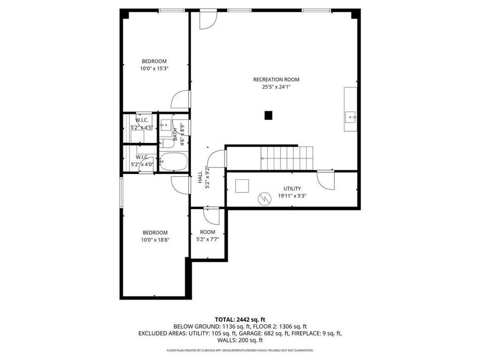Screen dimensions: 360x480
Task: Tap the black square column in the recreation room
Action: tap(269, 115)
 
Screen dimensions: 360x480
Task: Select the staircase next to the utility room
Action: tap(285, 157)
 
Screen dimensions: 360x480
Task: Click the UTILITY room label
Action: tap(292, 188)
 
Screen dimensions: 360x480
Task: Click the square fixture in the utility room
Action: tap(243, 186)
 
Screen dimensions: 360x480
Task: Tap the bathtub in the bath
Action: tap(173, 162)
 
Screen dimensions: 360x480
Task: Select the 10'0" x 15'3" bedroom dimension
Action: tap(154, 69)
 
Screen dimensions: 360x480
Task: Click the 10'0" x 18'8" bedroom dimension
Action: tap(155, 240)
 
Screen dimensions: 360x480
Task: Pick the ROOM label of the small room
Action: tap(207, 232)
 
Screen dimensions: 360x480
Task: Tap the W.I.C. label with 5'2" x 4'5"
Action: tap(142, 121)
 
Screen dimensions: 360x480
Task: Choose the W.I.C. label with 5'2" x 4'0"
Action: tap(142, 157)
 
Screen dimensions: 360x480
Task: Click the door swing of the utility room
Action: tap(325, 180)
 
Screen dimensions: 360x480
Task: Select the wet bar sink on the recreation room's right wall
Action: tap(351, 115)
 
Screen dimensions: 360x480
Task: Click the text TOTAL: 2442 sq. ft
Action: tap(239, 318)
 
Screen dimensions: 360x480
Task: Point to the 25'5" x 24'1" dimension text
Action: tap(276, 87)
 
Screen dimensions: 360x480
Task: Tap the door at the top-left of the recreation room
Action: tap(208, 20)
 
